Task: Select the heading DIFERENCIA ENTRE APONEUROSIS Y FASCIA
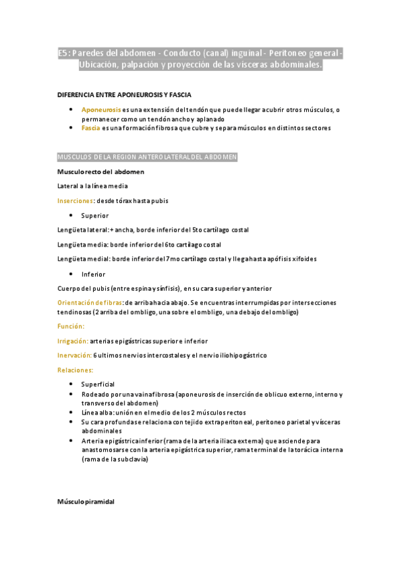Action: [x=124, y=94]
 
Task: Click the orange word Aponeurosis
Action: [x=101, y=109]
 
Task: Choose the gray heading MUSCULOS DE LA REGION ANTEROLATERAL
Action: [x=147, y=157]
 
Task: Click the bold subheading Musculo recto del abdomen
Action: [x=100, y=171]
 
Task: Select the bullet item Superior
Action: [x=94, y=216]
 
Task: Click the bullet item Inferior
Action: [x=93, y=274]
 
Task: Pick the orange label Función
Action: [x=71, y=326]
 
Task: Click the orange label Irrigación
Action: [x=72, y=341]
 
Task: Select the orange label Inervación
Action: [x=74, y=355]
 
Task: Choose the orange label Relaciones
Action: [x=75, y=370]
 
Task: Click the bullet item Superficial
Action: [x=98, y=384]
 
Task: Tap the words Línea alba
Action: [x=96, y=413]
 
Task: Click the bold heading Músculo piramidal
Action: [x=86, y=502]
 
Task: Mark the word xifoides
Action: [x=304, y=259]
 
